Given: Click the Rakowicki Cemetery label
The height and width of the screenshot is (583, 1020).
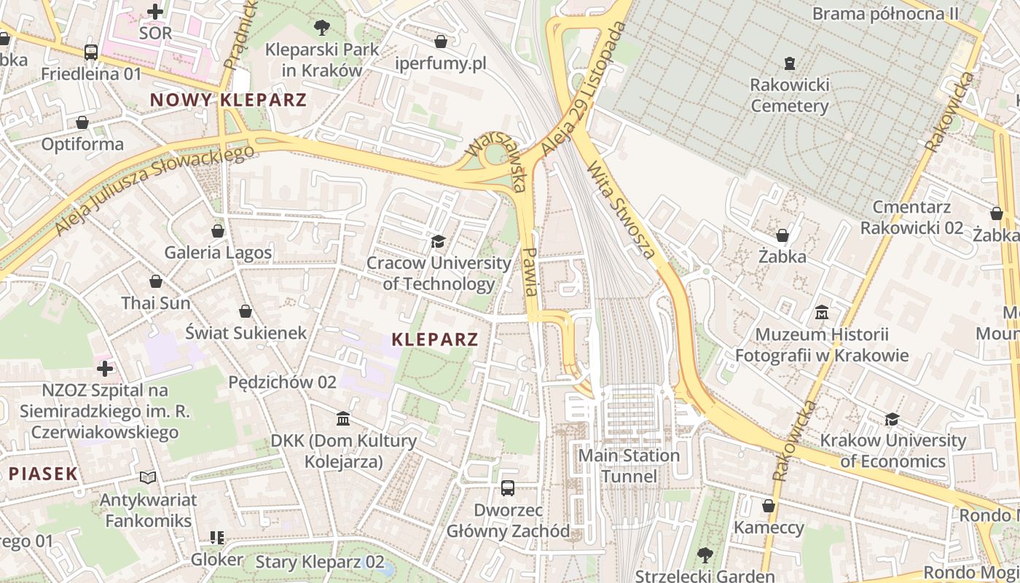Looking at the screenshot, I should pyautogui.click(x=790, y=95).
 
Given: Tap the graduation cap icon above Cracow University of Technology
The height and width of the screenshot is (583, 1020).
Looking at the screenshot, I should pyautogui.click(x=438, y=241).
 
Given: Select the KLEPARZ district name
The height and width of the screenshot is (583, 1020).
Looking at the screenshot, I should pyautogui.click(x=435, y=339).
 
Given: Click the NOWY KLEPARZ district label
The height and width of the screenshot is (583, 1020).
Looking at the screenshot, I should pyautogui.click(x=228, y=101).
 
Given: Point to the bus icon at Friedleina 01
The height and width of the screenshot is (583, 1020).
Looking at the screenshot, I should pyautogui.click(x=91, y=52).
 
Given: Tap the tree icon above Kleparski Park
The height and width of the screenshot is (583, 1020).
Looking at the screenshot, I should pyautogui.click(x=321, y=28).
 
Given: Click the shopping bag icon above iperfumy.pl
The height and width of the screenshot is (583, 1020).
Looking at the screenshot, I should pyautogui.click(x=440, y=42).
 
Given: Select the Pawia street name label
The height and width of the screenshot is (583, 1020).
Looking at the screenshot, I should pyautogui.click(x=530, y=270).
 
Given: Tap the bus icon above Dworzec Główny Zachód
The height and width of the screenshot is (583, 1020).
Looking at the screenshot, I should pyautogui.click(x=508, y=488).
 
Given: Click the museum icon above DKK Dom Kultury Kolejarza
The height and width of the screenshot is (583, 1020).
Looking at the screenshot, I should pyautogui.click(x=343, y=419).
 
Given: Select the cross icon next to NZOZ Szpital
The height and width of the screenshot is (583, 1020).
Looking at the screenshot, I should pyautogui.click(x=105, y=369).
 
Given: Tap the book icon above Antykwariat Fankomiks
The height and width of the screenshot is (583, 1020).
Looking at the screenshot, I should pyautogui.click(x=148, y=478).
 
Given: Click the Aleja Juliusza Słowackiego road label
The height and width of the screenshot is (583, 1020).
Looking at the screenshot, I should pyautogui.click(x=154, y=189).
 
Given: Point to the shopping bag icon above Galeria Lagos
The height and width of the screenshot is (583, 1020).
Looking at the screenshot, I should pyautogui.click(x=217, y=231).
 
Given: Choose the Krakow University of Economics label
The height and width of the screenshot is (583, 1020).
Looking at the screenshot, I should pyautogui.click(x=892, y=450).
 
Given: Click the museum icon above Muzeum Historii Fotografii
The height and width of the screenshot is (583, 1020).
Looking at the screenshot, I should pyautogui.click(x=822, y=313).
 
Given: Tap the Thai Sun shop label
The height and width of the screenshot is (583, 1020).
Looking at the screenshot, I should pyautogui.click(x=156, y=303).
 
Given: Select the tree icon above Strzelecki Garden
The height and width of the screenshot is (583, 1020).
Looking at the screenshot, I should pyautogui.click(x=705, y=555).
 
